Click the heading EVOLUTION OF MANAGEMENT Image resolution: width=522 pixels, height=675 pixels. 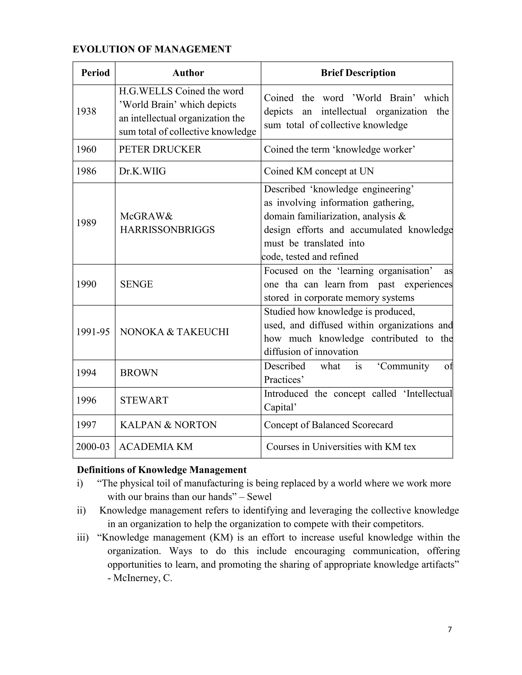pyautogui.click(x=152, y=49)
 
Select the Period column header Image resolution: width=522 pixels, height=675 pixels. pyautogui.click(x=95, y=73)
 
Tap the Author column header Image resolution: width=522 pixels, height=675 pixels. pyautogui.click(x=188, y=73)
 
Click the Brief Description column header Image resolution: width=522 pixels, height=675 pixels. pyautogui.click(x=358, y=73)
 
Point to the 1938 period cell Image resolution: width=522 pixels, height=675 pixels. pyautogui.click(x=86, y=111)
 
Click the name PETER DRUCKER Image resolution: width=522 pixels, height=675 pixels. pyautogui.click(x=160, y=150)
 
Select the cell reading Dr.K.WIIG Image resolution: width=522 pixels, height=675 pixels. pyautogui.click(x=142, y=171)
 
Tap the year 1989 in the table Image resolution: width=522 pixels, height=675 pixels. pyautogui.click(x=86, y=223)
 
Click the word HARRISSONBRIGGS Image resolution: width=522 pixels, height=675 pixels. pyautogui.click(x=167, y=230)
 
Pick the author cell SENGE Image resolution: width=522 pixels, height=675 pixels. pyautogui.click(x=136, y=284)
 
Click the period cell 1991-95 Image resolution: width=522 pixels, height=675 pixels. pyautogui.click(x=93, y=332)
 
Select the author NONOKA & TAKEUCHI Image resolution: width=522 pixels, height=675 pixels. pyautogui.click(x=174, y=332)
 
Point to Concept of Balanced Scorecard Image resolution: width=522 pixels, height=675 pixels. pyautogui.click(x=328, y=425)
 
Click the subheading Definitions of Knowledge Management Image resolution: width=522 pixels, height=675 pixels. pyautogui.click(x=161, y=470)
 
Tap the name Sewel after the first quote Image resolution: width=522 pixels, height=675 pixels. pyautogui.click(x=259, y=497)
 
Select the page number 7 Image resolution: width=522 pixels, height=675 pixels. pyautogui.click(x=450, y=630)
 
